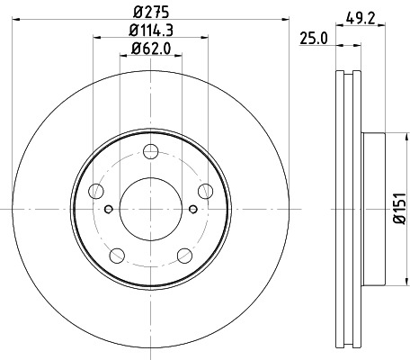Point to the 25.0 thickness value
point(313,38)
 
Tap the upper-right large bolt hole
point(205,189)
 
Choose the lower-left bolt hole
point(116,254)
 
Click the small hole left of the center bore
point(108,210)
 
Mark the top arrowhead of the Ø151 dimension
point(393,136)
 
